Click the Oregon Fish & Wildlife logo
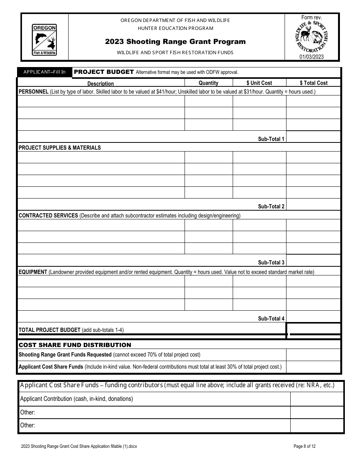(44, 40)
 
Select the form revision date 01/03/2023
(311, 57)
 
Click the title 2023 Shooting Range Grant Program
(175, 42)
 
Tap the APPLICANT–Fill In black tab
(45, 72)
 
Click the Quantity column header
(208, 83)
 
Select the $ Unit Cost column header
(259, 83)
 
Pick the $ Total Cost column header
(313, 83)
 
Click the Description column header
(100, 83)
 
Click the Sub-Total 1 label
(271, 139)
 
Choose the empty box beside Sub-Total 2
(313, 204)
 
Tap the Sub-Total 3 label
(271, 263)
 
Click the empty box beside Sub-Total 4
(313, 316)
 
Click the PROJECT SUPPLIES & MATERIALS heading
(60, 148)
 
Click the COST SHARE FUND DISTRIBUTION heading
(75, 345)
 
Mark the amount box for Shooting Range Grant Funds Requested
(313, 355)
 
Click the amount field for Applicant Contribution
(317, 399)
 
